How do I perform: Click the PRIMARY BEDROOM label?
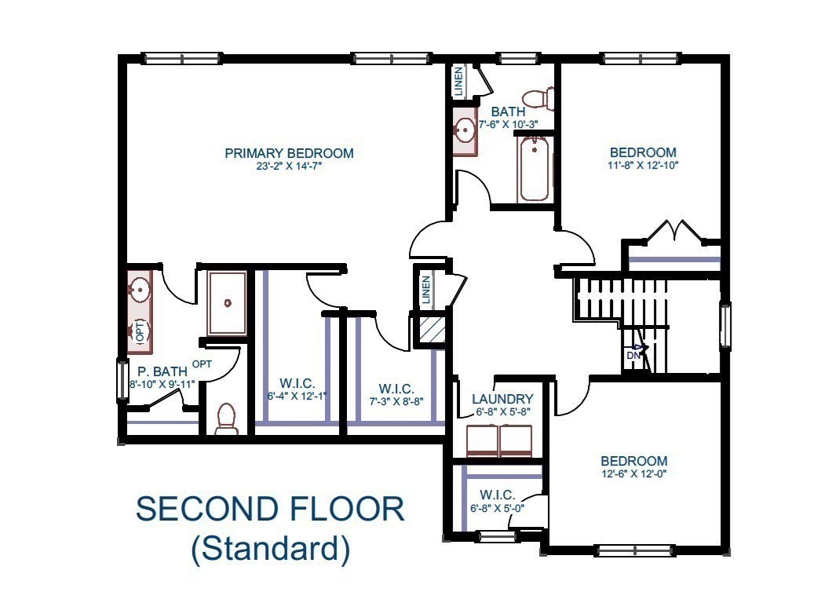pyautogui.click(x=289, y=153)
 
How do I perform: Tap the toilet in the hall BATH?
pyautogui.click(x=539, y=99)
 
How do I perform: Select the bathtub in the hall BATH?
pyautogui.click(x=534, y=168)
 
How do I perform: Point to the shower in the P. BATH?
pyautogui.click(x=226, y=303)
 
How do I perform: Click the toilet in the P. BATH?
pyautogui.click(x=226, y=418)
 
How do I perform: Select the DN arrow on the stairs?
pyautogui.click(x=637, y=351)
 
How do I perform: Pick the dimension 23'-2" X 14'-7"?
pyautogui.click(x=289, y=166)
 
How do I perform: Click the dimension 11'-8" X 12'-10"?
pyautogui.click(x=644, y=166)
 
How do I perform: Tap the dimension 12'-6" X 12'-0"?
pyautogui.click(x=633, y=474)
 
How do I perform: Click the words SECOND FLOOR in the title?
pyautogui.click(x=270, y=509)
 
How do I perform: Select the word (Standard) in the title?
pyautogui.click(x=270, y=548)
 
